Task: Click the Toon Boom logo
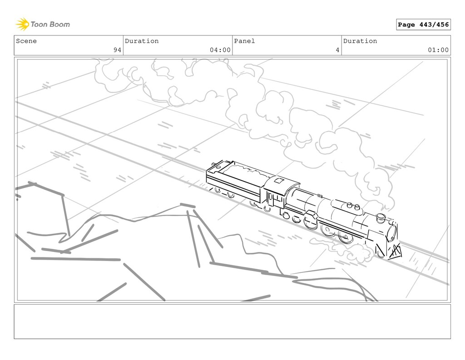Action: coord(43,25)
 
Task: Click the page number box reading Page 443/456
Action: coord(423,25)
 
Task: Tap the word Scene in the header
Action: coord(26,41)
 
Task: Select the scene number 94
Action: coord(118,50)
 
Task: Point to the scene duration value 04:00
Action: coord(220,50)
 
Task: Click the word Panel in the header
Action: coord(244,41)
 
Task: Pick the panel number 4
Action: coord(337,50)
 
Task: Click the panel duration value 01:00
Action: coord(438,50)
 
